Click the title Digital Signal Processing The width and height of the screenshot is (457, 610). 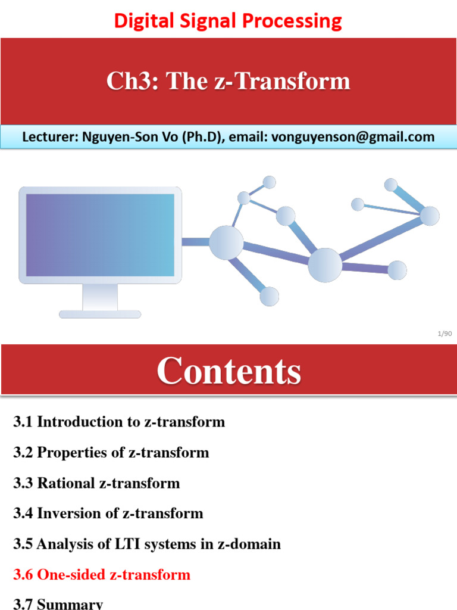click(228, 21)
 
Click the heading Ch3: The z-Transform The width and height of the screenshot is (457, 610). click(228, 81)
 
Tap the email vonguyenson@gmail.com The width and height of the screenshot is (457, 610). click(353, 137)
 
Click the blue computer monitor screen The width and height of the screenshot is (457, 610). click(100, 234)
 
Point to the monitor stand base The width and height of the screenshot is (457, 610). click(100, 314)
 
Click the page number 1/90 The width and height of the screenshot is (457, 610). click(445, 334)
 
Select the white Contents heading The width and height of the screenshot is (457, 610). click(228, 371)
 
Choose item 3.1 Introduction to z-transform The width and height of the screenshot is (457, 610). click(119, 422)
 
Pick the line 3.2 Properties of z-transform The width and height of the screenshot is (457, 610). click(111, 453)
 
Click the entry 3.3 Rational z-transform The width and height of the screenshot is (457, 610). click(96, 483)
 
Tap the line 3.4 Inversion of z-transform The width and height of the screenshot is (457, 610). click(108, 513)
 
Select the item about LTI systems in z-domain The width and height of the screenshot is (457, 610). click(147, 544)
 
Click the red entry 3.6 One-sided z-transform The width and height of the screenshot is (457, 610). click(102, 575)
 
